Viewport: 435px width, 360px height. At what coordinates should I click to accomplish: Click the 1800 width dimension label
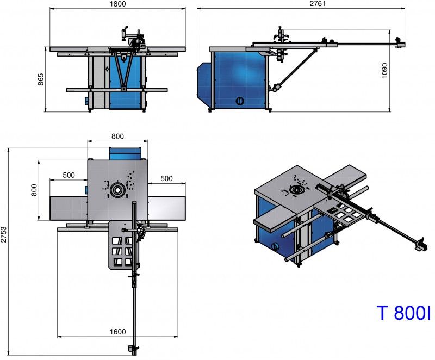click(x=117, y=4)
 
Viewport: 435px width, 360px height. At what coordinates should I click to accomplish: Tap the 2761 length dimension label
click(x=318, y=4)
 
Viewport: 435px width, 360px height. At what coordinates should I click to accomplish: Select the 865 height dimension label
click(x=41, y=79)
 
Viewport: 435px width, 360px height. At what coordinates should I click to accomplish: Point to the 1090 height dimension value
click(x=384, y=71)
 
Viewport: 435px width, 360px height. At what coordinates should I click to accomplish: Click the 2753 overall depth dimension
click(x=4, y=234)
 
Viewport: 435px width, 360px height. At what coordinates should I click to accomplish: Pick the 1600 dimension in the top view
click(x=117, y=332)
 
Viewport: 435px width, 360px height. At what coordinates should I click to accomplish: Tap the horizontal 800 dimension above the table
click(x=117, y=136)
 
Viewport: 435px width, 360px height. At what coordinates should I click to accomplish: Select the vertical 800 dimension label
click(x=34, y=190)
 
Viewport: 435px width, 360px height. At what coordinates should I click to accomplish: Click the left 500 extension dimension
click(x=69, y=175)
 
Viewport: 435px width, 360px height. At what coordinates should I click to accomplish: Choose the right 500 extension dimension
click(x=166, y=178)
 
